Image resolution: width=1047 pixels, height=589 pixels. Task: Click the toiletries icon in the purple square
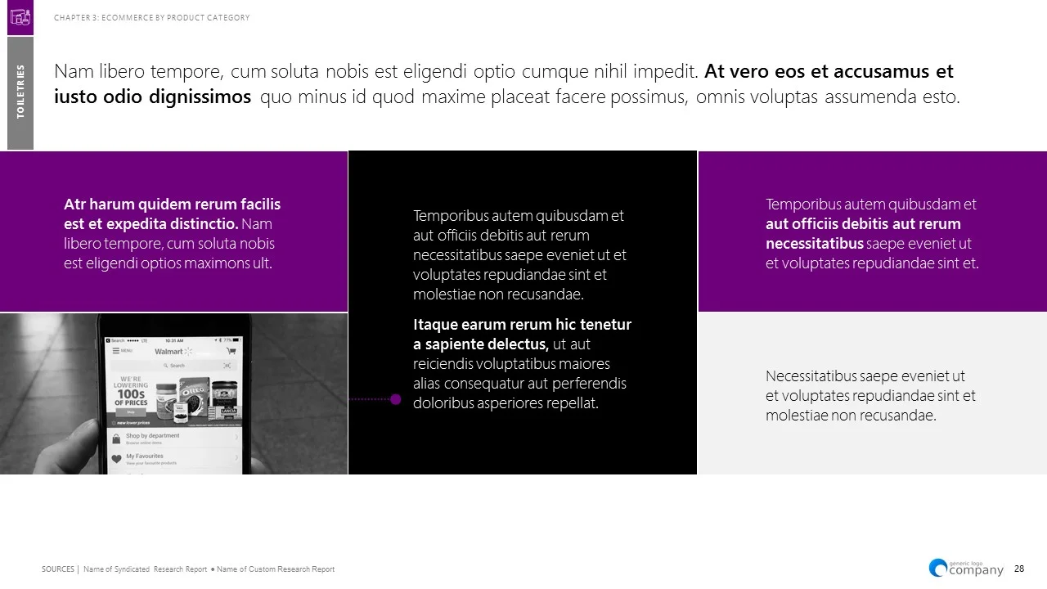click(20, 17)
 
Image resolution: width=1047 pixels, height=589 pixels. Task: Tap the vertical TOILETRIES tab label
click(20, 92)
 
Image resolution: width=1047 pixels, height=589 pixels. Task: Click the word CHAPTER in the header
click(70, 18)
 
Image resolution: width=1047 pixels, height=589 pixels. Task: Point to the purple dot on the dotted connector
click(396, 399)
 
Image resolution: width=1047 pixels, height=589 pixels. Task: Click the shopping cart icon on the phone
click(231, 350)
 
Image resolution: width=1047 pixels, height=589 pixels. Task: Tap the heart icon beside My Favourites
click(116, 459)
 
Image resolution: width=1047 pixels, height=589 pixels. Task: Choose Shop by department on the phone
click(152, 436)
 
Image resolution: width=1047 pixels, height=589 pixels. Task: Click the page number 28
click(1019, 569)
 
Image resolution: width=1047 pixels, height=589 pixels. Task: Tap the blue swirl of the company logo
click(937, 568)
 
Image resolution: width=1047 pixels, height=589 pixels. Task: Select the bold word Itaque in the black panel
click(438, 325)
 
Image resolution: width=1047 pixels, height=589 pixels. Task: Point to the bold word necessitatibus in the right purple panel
click(815, 244)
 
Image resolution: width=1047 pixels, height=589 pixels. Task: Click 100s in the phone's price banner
click(131, 393)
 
